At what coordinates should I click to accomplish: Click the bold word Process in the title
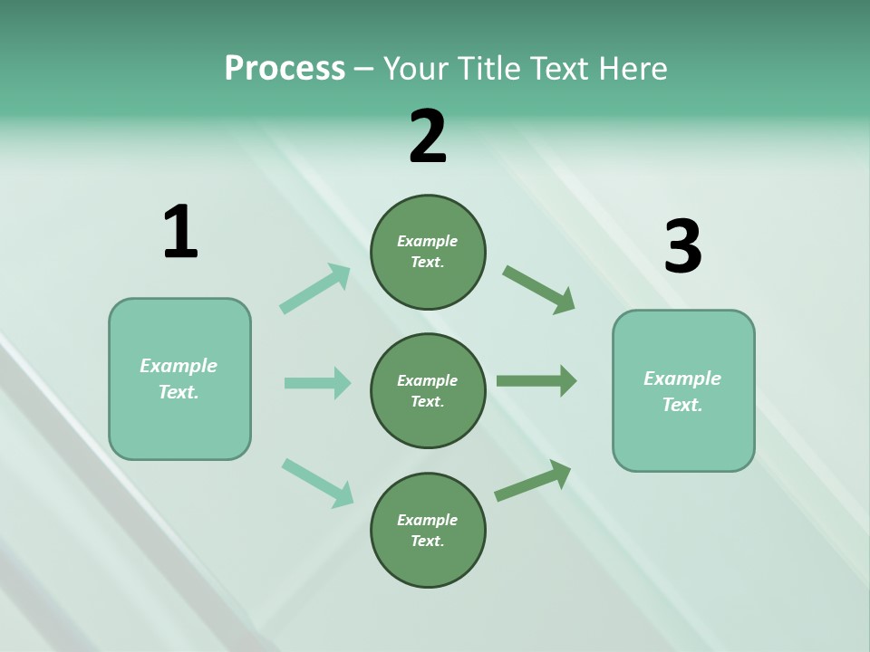click(285, 69)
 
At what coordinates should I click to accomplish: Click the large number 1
click(180, 232)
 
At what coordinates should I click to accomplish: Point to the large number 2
click(428, 137)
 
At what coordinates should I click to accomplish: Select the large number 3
click(682, 247)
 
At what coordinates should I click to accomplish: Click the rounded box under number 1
click(179, 379)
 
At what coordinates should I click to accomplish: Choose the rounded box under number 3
click(683, 391)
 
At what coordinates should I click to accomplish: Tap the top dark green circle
click(428, 252)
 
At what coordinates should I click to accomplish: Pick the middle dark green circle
click(428, 391)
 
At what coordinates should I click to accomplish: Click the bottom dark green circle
click(428, 531)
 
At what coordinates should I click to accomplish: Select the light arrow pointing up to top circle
click(315, 289)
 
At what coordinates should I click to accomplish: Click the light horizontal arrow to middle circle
click(317, 383)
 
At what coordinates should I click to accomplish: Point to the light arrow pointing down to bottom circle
click(317, 482)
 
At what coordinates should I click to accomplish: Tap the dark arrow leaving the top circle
click(538, 290)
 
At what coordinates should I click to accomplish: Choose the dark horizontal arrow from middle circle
click(536, 381)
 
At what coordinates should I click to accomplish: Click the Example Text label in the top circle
click(428, 252)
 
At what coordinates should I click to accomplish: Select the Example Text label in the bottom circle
click(428, 531)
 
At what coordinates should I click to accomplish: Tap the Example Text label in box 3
click(682, 391)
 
